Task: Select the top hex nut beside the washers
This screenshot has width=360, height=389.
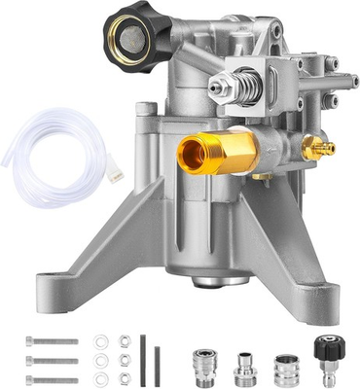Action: [125, 341]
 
